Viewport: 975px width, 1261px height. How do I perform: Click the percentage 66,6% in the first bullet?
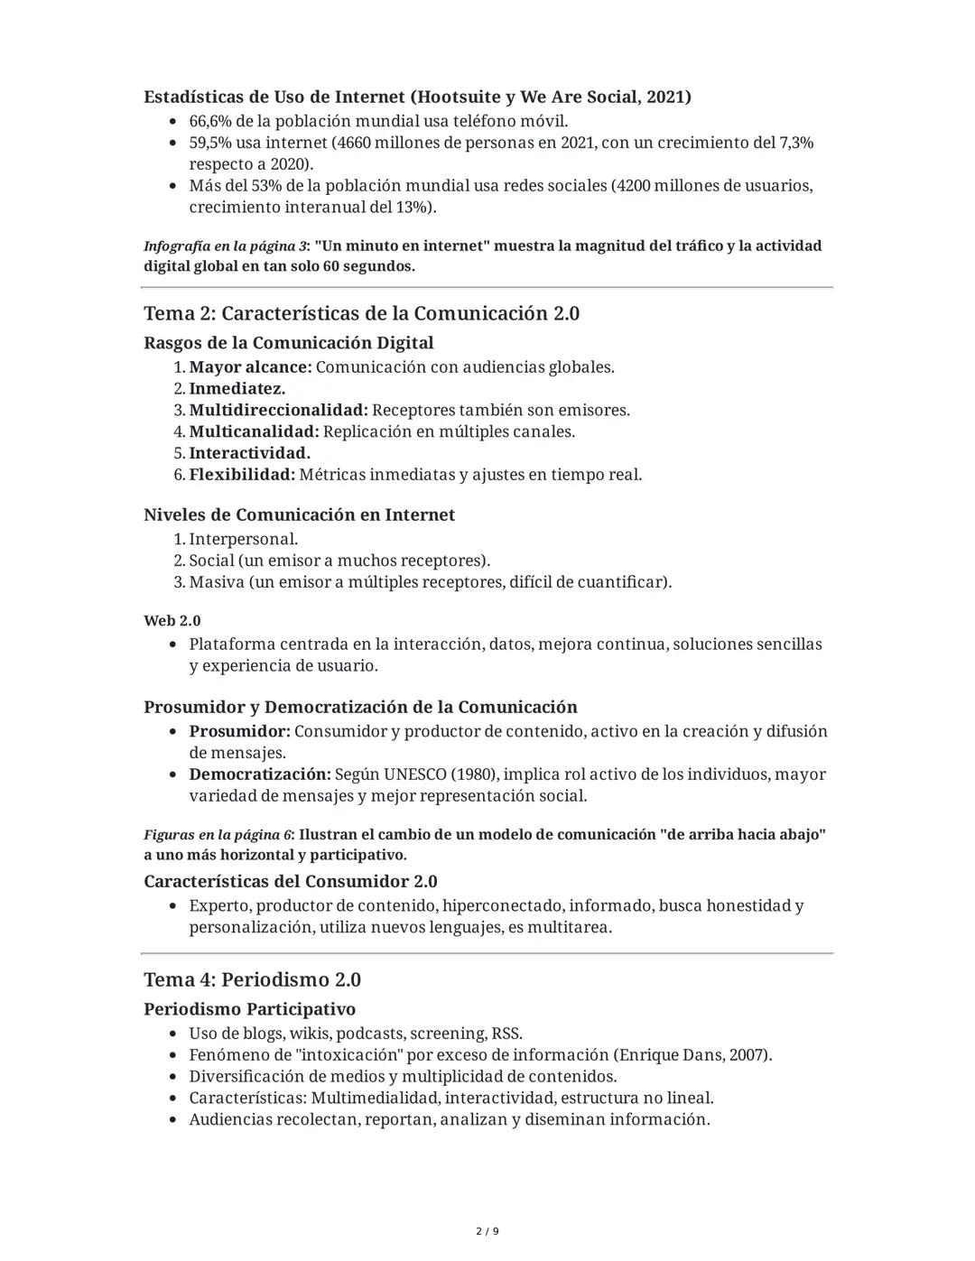tap(209, 121)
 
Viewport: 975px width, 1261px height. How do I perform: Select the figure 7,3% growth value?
tap(795, 143)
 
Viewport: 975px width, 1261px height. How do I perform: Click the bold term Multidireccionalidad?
tap(278, 410)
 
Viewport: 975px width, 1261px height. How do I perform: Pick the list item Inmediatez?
tap(237, 388)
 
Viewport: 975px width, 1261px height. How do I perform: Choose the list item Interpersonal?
tap(243, 539)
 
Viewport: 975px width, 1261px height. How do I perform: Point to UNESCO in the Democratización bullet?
tap(415, 774)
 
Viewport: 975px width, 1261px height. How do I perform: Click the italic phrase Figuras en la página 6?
tap(218, 835)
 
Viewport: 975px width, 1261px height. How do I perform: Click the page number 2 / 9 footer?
tap(487, 1231)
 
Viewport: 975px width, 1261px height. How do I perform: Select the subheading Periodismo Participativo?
tap(249, 1008)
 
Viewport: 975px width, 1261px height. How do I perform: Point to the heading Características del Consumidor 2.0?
tap(291, 881)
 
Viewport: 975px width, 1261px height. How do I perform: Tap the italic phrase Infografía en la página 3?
tap(225, 246)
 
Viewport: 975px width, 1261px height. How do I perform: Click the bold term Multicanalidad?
tap(253, 431)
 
